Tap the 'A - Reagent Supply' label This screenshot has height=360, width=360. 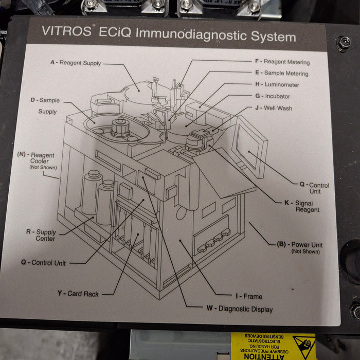click(x=76, y=63)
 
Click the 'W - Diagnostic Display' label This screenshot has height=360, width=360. click(x=239, y=309)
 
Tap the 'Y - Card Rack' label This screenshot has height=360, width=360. click(x=78, y=294)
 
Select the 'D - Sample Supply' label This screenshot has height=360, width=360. click(x=44, y=105)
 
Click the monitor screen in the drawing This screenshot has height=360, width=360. click(x=250, y=145)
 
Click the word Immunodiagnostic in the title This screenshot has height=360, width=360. click(x=186, y=37)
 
